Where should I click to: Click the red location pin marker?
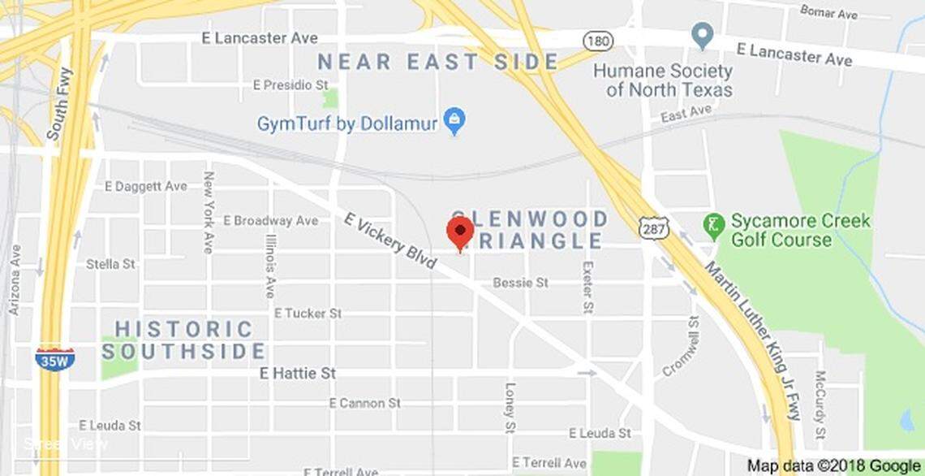(x=460, y=232)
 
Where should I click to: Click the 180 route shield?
(x=597, y=40)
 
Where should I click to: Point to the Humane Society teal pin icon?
(x=702, y=36)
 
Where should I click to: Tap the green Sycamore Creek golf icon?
(x=714, y=225)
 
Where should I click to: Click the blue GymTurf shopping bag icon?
(x=455, y=123)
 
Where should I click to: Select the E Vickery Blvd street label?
(x=390, y=240)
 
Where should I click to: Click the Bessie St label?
(x=521, y=283)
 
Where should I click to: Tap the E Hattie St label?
(x=297, y=373)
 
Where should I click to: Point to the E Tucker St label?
(x=308, y=313)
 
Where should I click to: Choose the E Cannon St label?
(x=365, y=403)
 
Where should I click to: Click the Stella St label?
(x=111, y=264)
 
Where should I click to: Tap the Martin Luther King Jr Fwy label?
(x=752, y=340)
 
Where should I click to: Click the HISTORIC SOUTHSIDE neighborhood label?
(x=184, y=340)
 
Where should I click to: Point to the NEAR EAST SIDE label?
(x=437, y=62)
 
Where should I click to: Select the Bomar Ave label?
(x=828, y=11)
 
